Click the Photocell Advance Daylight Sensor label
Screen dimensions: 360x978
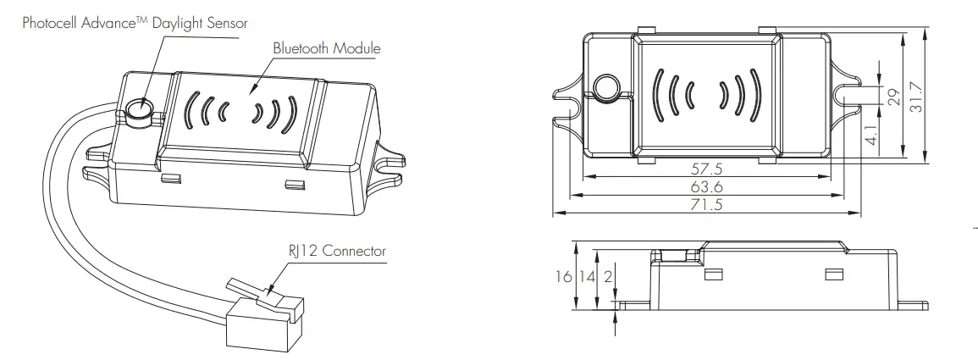pyautogui.click(x=135, y=23)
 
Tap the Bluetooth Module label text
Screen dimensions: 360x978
pyautogui.click(x=326, y=48)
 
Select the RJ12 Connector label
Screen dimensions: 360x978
pyautogui.click(x=337, y=252)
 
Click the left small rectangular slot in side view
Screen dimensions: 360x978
pyautogui.click(x=712, y=274)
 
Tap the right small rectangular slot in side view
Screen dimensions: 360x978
pyautogui.click(x=833, y=274)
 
